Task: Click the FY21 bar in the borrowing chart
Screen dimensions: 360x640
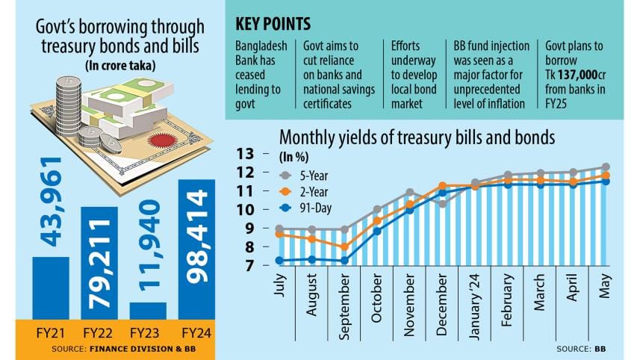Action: [x=50, y=288]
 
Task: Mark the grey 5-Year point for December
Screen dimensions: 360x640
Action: [x=442, y=203]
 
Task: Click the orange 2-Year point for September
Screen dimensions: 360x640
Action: [x=344, y=246]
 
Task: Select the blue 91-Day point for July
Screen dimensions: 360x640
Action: [x=280, y=261]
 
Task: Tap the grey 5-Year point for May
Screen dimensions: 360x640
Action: [x=606, y=167]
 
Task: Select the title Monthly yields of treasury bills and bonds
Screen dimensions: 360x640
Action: [x=417, y=137]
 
